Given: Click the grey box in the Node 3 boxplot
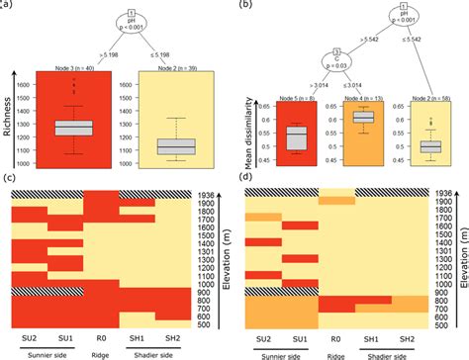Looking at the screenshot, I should (72, 128).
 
